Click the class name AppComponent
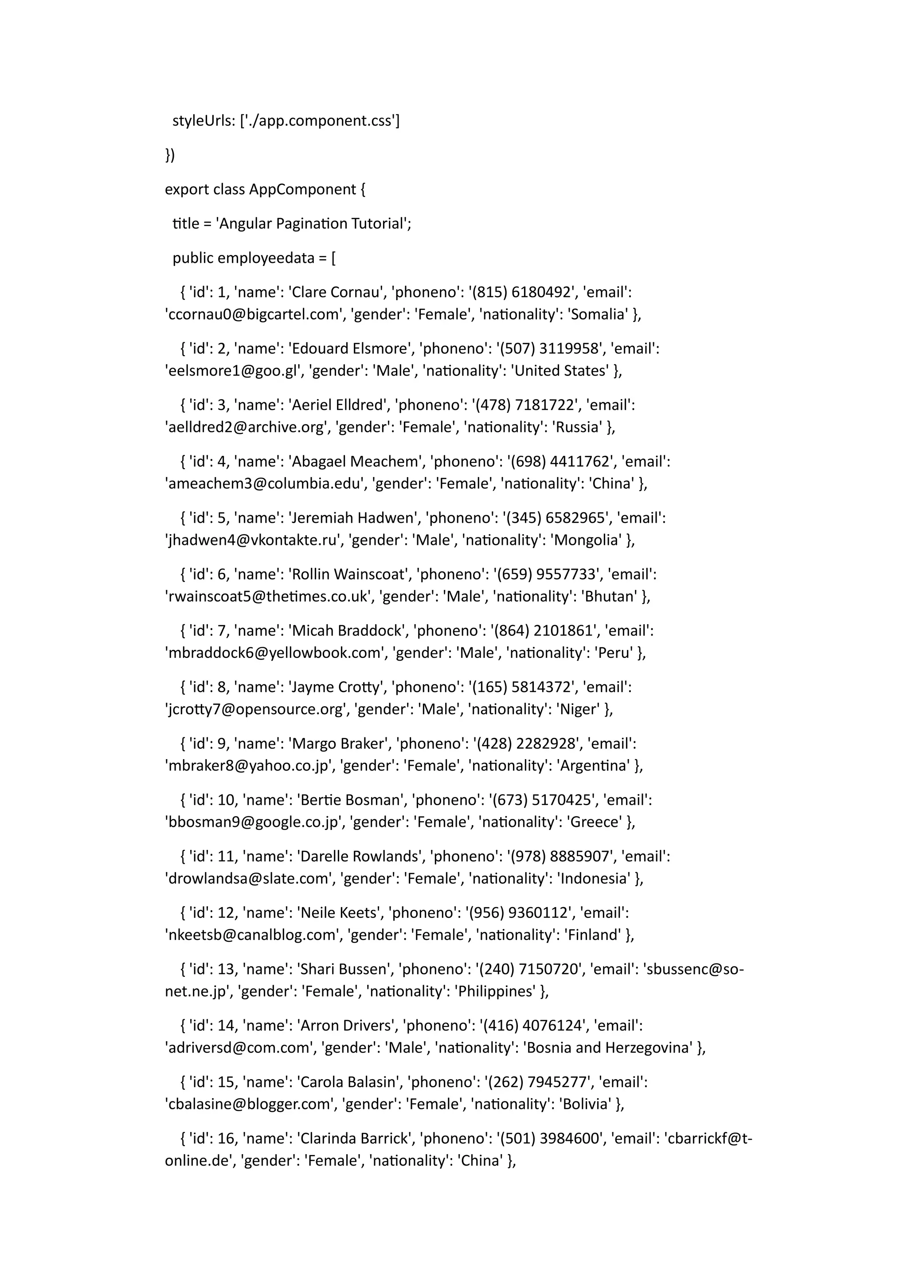coord(302,190)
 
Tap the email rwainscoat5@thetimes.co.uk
coord(268,597)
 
